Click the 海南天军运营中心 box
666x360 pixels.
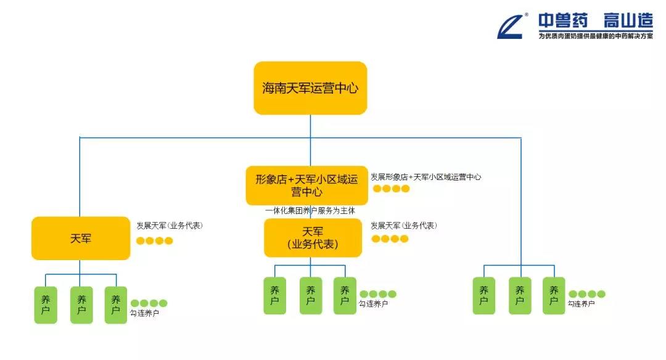(310, 88)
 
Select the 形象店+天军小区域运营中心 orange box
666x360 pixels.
(306, 185)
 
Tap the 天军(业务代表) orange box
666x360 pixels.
(312, 238)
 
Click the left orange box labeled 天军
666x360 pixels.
(81, 238)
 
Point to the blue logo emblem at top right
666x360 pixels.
(511, 26)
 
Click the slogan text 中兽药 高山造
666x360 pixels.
(595, 21)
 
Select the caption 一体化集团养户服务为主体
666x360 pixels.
(310, 211)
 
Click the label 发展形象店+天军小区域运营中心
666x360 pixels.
(425, 177)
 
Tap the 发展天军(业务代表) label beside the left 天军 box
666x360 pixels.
(170, 226)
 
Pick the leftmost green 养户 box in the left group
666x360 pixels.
(46, 305)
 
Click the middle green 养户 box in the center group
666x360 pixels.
(311, 295)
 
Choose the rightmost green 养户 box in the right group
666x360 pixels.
(554, 295)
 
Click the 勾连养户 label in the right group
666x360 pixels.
(582, 303)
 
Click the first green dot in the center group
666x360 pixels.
(364, 294)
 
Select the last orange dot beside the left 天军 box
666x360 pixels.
(169, 240)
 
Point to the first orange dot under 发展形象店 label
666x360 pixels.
(377, 189)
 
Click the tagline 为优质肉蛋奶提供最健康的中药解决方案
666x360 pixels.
(595, 36)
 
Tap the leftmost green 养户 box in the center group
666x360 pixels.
(275, 295)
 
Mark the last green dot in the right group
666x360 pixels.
(601, 294)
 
